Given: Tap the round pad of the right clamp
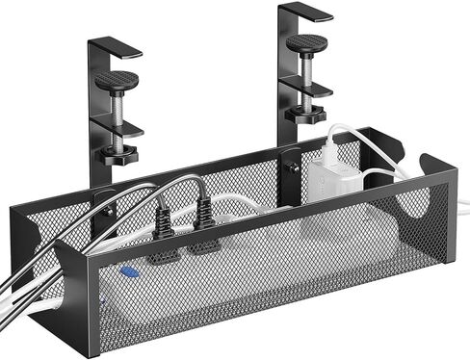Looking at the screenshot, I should tap(305, 42).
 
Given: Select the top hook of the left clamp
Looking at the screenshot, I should tap(117, 45).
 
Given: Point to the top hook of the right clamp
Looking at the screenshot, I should tap(306, 11).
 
